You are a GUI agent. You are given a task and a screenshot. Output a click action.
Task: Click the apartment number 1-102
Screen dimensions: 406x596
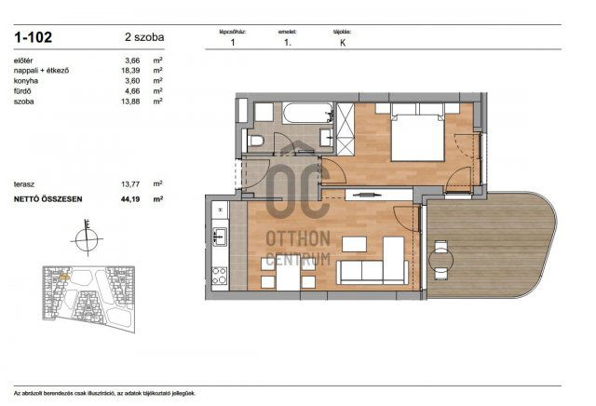pos(33,38)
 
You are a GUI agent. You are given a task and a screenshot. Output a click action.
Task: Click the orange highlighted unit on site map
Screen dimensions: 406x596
pos(62,277)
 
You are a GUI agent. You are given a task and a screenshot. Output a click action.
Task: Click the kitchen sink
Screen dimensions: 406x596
pos(220,237)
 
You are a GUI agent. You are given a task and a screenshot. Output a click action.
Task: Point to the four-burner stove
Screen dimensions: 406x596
pos(221,275)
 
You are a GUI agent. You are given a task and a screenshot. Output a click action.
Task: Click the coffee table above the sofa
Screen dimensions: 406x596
pos(355,245)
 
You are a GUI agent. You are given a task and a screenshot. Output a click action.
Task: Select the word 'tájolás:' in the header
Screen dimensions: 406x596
pos(342,31)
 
